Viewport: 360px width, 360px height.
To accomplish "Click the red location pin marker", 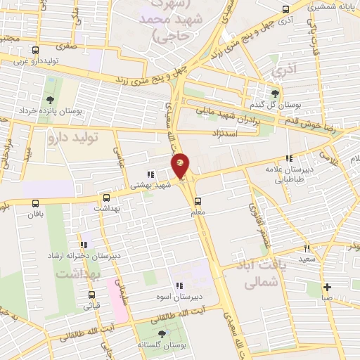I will pyautogui.click(x=181, y=166).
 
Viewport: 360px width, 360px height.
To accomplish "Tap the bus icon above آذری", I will pyautogui.click(x=285, y=10).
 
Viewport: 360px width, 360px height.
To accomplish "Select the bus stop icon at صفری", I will pyautogui.click(x=36, y=51).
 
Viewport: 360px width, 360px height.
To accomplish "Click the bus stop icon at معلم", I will pyautogui.click(x=198, y=199).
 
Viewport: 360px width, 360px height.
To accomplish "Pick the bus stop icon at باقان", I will pyautogui.click(x=36, y=202).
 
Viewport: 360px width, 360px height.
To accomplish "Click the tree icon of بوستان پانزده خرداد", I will pyautogui.click(x=49, y=100).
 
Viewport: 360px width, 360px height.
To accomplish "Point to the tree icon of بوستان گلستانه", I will pyautogui.click(x=162, y=335).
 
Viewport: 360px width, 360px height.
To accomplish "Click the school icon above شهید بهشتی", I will pyautogui.click(x=149, y=174).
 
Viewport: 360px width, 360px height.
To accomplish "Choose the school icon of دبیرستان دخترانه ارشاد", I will pyautogui.click(x=84, y=244).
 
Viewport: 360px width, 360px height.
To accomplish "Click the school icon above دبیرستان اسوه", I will pyautogui.click(x=179, y=285).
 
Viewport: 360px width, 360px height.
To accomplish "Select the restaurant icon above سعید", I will pyautogui.click(x=307, y=247).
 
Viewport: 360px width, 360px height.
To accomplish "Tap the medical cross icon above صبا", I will pyautogui.click(x=328, y=287).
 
